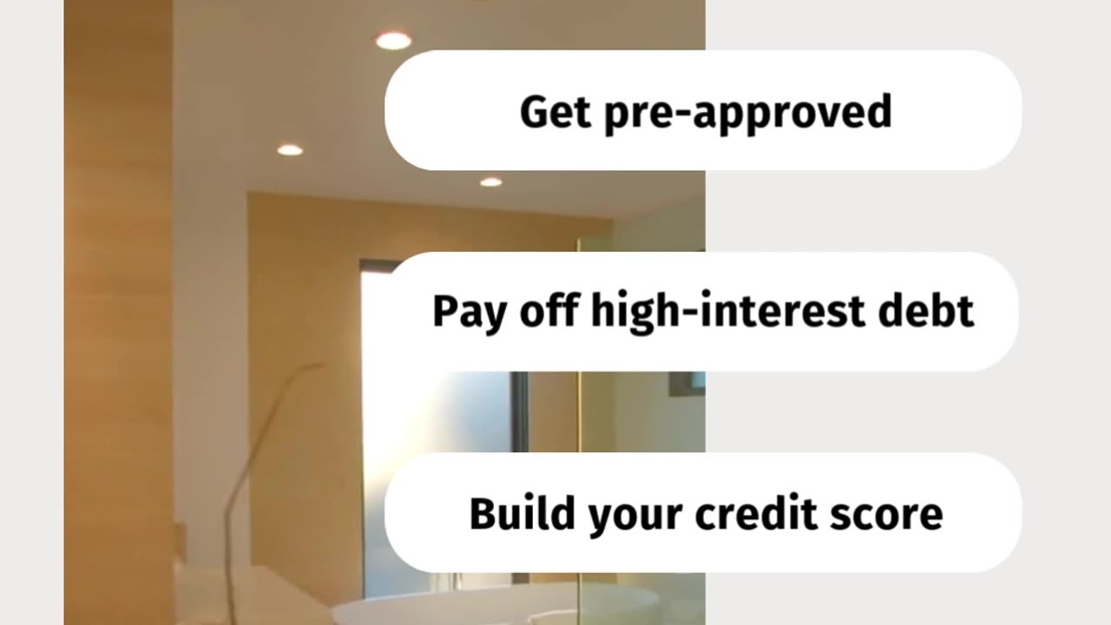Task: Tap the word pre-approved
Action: point(739,113)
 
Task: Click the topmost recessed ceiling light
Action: point(392,40)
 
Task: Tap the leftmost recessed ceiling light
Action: point(290,150)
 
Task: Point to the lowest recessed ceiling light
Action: point(490,182)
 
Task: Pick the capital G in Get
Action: point(531,112)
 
